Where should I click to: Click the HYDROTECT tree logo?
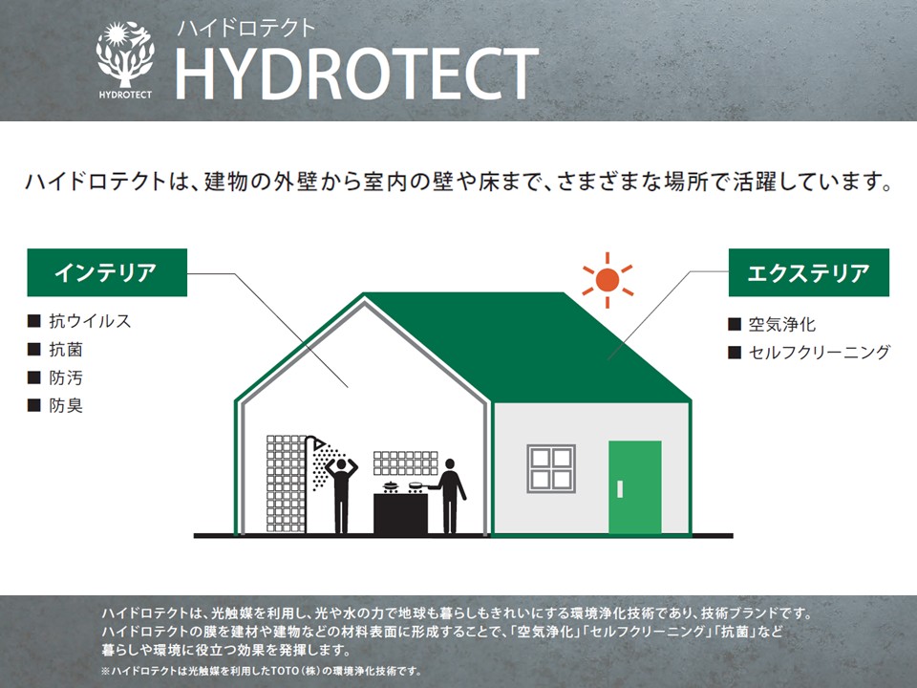point(125,59)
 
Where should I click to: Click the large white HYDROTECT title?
point(356,74)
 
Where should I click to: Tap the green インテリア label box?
point(107,272)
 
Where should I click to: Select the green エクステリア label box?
point(809,272)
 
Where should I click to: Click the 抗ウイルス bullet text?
point(90,321)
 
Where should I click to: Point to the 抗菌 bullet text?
point(66,350)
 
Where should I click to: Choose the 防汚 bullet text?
point(66,377)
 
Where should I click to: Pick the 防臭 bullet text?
point(66,405)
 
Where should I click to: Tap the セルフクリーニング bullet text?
point(820,353)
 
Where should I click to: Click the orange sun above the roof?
point(608,280)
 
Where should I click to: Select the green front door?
point(634,487)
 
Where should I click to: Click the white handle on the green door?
point(620,489)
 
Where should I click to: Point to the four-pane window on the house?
point(551,468)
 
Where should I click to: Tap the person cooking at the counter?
point(449,496)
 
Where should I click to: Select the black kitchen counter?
point(400,514)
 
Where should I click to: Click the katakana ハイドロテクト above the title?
point(246,28)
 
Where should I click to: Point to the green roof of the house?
point(526,345)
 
